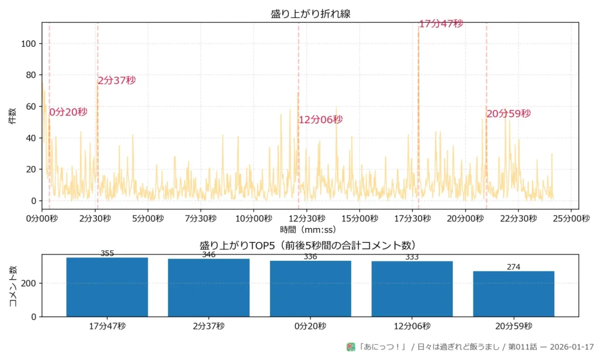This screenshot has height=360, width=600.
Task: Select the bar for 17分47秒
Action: point(107,287)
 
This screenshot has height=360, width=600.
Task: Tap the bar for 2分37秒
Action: point(209,288)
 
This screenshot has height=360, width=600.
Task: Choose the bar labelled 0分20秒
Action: point(310,288)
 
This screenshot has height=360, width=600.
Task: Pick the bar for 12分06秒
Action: point(412,289)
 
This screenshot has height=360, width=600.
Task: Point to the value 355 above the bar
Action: point(107,253)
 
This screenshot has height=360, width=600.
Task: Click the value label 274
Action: point(513,267)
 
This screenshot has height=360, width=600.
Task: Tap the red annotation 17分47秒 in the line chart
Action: point(441,23)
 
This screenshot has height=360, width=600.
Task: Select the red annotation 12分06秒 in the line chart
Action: point(321,120)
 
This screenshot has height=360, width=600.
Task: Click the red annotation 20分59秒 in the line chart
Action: point(509,114)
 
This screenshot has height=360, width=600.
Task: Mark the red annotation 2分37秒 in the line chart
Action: point(117,80)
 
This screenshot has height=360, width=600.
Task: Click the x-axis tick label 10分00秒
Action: point(253,218)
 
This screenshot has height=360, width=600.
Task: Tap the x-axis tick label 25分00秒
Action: point(571,218)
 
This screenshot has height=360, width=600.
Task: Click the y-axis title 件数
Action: point(12,116)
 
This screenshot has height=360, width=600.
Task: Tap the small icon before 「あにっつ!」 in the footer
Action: point(351,347)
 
